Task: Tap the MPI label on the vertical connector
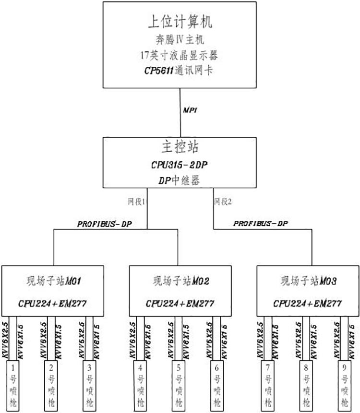190,110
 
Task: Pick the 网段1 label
136,202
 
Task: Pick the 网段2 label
223,202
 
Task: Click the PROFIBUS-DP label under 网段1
104,224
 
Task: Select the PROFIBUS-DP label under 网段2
260,224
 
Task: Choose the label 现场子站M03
308,279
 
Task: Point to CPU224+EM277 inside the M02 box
180,303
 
